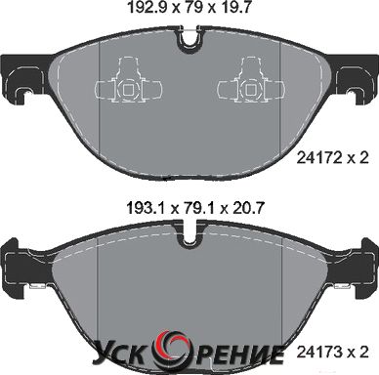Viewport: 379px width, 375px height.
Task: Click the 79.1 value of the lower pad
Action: tap(199, 208)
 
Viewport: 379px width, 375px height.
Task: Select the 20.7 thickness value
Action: tap(247, 208)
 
